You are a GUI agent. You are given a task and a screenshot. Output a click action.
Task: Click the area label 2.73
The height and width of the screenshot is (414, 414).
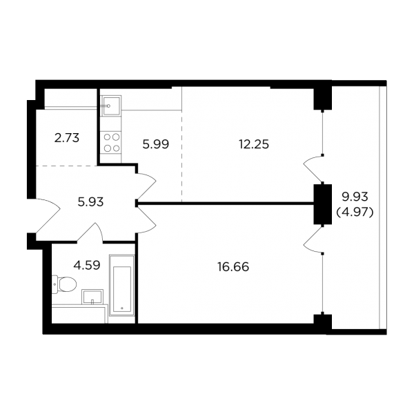[67, 138]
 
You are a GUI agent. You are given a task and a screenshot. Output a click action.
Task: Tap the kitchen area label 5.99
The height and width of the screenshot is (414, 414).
[155, 144]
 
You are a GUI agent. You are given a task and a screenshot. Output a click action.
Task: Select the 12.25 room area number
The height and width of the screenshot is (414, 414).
[254, 144]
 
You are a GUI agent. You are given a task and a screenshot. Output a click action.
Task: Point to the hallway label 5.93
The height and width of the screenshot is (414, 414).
[90, 202]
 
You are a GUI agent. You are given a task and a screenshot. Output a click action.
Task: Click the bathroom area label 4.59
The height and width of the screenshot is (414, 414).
[87, 266]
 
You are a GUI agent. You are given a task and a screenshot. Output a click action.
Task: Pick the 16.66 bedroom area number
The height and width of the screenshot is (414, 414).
[233, 267]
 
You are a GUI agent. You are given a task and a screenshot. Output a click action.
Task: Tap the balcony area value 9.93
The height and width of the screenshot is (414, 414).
[355, 197]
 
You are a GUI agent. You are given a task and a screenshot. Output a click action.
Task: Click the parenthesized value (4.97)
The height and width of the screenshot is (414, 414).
[355, 212]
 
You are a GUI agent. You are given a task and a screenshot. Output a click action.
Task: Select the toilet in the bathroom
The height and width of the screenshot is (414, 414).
[64, 284]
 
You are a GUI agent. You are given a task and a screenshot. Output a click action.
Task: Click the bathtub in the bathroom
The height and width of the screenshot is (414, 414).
[122, 285]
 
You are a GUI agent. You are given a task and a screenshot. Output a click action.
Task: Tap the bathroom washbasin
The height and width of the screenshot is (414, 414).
[92, 297]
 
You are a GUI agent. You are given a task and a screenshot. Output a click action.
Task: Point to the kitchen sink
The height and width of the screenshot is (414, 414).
[111, 106]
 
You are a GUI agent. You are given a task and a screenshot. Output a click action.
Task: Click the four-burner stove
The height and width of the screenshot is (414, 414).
[111, 143]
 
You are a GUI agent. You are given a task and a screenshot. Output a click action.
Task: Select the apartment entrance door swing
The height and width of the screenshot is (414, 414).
[48, 215]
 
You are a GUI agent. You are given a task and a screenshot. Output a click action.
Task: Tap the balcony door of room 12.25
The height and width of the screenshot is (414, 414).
[313, 169]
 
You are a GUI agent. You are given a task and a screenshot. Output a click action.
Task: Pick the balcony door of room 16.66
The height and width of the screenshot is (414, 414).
[313, 239]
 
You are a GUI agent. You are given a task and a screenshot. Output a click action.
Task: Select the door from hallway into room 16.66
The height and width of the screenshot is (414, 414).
[146, 220]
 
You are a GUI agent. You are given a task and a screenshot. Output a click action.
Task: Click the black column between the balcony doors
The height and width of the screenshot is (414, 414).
[322, 204]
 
